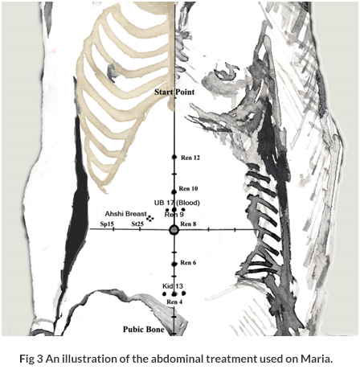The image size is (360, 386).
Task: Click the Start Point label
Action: pos(174,92)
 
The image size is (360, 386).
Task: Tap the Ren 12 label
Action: pos(190,158)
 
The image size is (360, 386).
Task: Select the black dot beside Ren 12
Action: pos(174,157)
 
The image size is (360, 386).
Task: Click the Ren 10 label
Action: pos(188,189)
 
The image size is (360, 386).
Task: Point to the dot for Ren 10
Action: pos(174,192)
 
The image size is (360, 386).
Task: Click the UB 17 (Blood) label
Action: pos(177,203)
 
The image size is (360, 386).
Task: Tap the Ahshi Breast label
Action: pos(126,214)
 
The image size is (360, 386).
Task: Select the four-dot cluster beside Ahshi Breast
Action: pos(150,219)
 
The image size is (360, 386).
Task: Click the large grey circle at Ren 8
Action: pos(174,230)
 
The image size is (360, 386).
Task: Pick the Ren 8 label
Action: pos(188,224)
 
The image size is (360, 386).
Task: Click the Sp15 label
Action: pos(107,224)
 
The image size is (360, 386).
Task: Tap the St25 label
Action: pos(137,224)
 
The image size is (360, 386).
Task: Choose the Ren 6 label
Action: pos(188,263)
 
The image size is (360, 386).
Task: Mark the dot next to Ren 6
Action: pos(174,264)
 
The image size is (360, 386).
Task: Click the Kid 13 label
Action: pos(173,286)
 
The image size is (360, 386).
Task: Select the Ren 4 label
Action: pos(174,302)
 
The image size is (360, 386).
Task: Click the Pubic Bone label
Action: pos(144,329)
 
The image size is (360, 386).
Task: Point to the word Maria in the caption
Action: pos(317,359)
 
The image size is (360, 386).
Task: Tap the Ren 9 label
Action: pos(174,215)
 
